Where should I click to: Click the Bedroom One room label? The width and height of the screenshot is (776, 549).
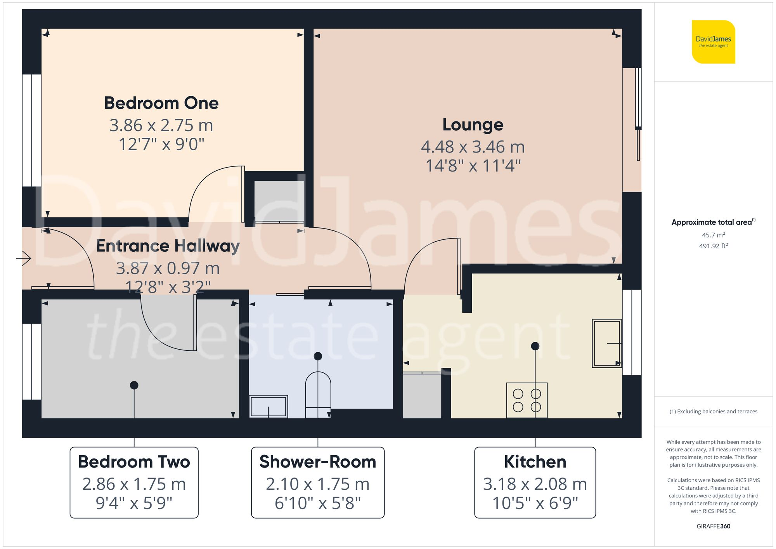[161, 103]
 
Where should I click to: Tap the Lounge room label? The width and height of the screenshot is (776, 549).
[473, 125]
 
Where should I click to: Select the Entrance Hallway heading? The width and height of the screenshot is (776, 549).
[168, 246]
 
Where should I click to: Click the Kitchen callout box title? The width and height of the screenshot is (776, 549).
[535, 462]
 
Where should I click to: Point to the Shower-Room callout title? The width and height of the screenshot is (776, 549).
[317, 462]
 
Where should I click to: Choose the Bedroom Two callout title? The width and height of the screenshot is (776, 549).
[134, 462]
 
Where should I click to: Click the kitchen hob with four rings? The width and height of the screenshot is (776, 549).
[527, 400]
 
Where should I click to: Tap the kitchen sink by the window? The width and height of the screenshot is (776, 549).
[606, 343]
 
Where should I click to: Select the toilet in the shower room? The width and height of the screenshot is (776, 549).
[318, 394]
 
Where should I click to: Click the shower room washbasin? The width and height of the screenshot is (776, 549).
[268, 406]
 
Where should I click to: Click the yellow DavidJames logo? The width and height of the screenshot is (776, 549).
[713, 42]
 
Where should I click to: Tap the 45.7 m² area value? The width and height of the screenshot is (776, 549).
[713, 235]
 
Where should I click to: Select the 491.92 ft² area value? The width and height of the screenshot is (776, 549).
[713, 246]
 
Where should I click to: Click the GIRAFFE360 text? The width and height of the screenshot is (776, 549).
[713, 526]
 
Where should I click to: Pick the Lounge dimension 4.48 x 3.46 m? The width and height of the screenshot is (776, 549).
[473, 147]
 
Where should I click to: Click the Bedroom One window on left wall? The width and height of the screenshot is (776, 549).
[31, 130]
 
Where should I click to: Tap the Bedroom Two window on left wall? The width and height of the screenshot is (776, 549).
[31, 361]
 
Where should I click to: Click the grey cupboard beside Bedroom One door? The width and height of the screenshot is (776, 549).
[279, 201]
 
